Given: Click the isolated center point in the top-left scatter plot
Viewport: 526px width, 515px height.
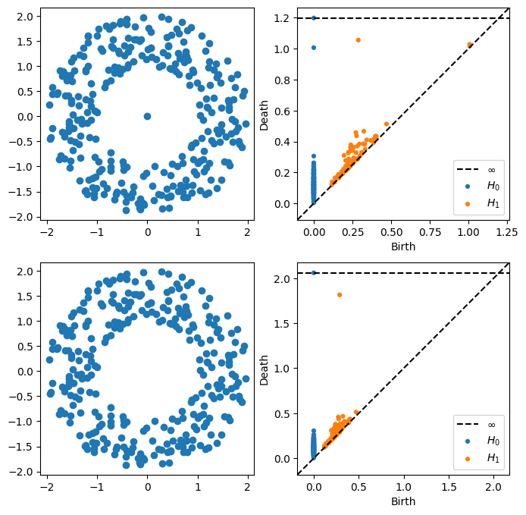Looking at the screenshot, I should (147, 116).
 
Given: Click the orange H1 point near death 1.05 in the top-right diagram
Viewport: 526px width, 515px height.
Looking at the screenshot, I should (358, 40).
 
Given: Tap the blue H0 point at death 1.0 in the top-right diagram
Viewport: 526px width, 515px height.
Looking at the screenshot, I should (314, 48).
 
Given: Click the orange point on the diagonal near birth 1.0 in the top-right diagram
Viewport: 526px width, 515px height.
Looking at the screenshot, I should (470, 45).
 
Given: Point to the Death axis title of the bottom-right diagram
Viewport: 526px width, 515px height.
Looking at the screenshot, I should (265, 369).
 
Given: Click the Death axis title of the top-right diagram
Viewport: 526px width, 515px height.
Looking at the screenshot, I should (265, 114).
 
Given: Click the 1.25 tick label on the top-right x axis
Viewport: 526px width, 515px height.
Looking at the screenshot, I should (508, 232).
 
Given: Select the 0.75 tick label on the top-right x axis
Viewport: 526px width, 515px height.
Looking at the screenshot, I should (430, 232).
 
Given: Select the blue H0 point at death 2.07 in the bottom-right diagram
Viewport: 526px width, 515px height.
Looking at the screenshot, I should (314, 273).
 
